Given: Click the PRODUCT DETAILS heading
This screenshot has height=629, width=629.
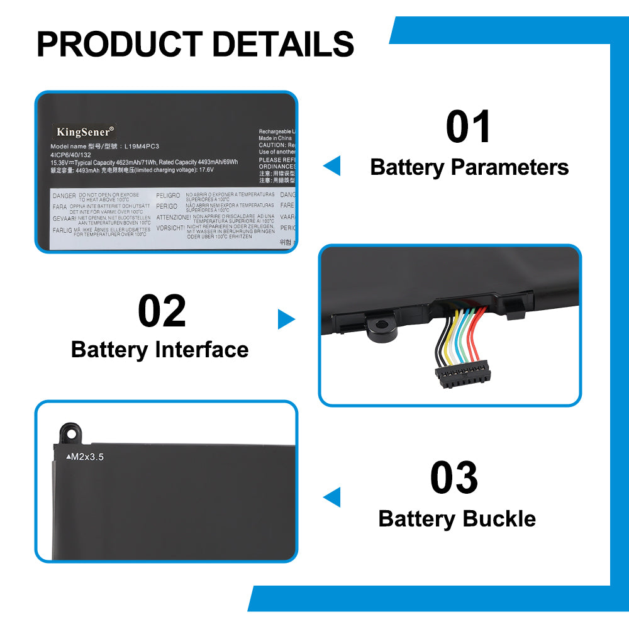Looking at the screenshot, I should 195,44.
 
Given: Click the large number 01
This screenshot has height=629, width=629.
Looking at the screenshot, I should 469,127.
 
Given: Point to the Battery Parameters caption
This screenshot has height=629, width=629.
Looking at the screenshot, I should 469,167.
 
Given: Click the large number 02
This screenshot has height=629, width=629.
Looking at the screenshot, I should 162,311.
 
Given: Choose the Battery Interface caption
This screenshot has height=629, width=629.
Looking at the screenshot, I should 160,350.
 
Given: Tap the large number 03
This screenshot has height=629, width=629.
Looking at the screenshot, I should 454,478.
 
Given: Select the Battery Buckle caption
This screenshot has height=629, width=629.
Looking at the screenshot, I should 457,519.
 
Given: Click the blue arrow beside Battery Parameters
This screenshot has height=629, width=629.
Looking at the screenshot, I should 332,166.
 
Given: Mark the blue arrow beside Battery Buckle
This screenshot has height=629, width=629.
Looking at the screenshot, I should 332,497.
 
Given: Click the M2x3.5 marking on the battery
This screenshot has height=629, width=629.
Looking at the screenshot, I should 84,457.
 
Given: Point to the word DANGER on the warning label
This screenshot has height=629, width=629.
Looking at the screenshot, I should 64,196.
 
